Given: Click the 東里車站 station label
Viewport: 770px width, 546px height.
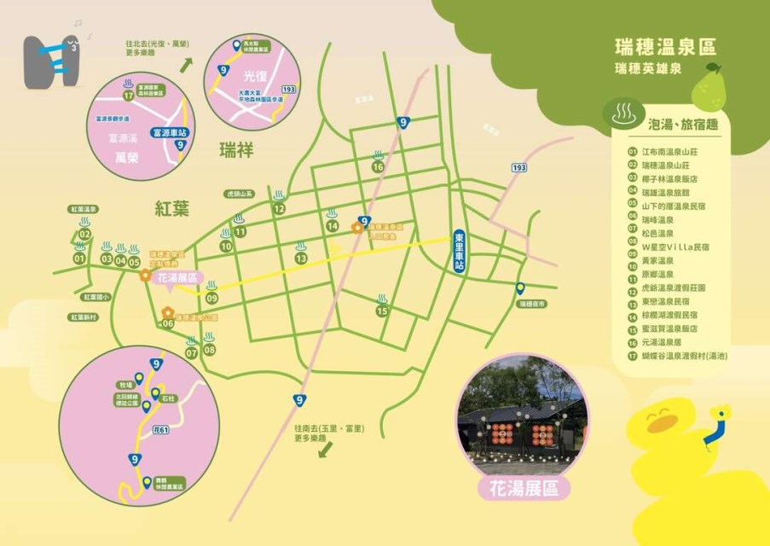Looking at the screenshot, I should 459,252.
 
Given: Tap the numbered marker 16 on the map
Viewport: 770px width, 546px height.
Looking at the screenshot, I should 378,167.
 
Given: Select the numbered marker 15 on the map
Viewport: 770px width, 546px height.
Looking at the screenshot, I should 383,311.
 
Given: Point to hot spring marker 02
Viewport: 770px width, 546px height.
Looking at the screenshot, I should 84,234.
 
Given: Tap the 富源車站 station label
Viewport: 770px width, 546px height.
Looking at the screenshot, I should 168,132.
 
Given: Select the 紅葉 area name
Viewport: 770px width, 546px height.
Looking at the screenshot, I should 171,207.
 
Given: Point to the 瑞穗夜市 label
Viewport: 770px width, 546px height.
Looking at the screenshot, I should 531,303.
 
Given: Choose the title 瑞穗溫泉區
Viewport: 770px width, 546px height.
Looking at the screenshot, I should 665,46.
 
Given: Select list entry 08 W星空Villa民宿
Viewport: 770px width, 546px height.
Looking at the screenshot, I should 676,247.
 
